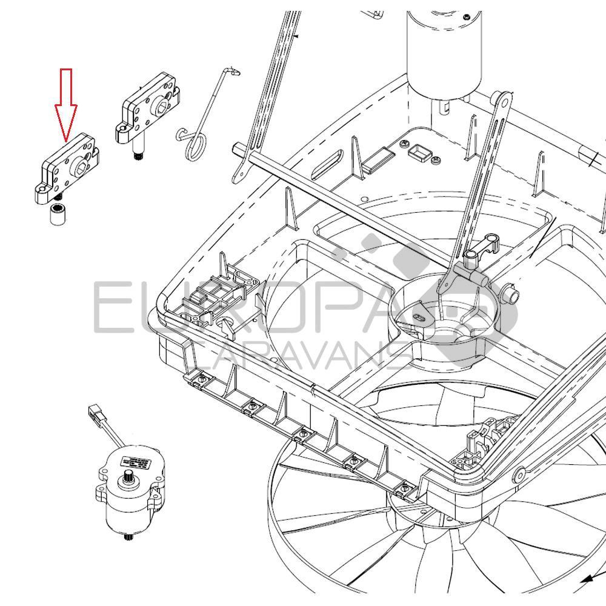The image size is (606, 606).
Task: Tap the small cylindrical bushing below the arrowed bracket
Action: tap(57, 215)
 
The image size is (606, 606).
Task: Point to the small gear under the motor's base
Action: tap(128, 537)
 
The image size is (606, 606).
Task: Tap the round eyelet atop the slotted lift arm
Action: tap(502, 98)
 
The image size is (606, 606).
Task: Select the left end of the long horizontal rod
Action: tap(238, 148)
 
